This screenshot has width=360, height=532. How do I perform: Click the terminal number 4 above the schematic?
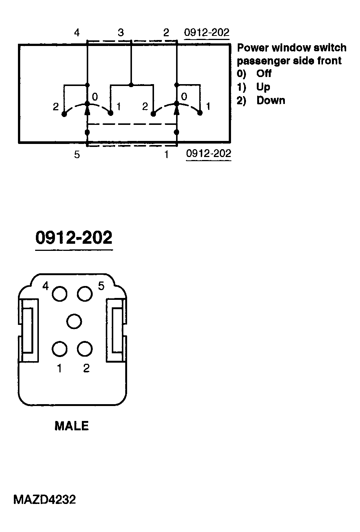(x=77, y=33)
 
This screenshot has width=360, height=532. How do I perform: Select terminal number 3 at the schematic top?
(x=121, y=33)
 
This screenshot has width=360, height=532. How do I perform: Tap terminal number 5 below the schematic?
(x=77, y=155)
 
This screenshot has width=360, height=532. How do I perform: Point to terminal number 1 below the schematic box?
(x=166, y=155)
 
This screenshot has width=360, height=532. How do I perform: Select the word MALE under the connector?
(x=72, y=426)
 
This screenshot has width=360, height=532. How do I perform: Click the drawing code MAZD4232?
(x=44, y=499)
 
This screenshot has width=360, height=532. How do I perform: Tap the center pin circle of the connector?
(x=74, y=321)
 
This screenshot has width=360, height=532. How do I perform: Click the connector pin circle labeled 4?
(x=60, y=294)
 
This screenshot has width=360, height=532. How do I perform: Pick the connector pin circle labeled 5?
(x=85, y=294)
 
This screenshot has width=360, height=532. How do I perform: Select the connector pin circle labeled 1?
(x=60, y=349)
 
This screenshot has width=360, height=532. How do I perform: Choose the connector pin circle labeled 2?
(x=85, y=349)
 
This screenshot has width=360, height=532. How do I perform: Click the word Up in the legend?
(x=263, y=87)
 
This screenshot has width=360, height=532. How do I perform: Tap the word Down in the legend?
(x=271, y=101)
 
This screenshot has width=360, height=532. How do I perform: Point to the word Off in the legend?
(x=264, y=73)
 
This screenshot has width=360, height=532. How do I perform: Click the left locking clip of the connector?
(x=28, y=330)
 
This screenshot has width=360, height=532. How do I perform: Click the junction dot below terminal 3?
(x=131, y=85)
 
